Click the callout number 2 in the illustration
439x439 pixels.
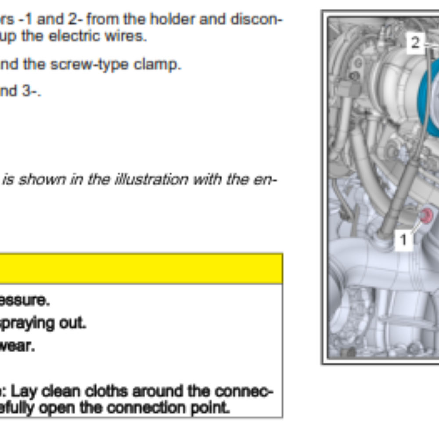(416, 43)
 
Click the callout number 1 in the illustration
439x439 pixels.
(403, 240)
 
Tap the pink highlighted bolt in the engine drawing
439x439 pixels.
(426, 216)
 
